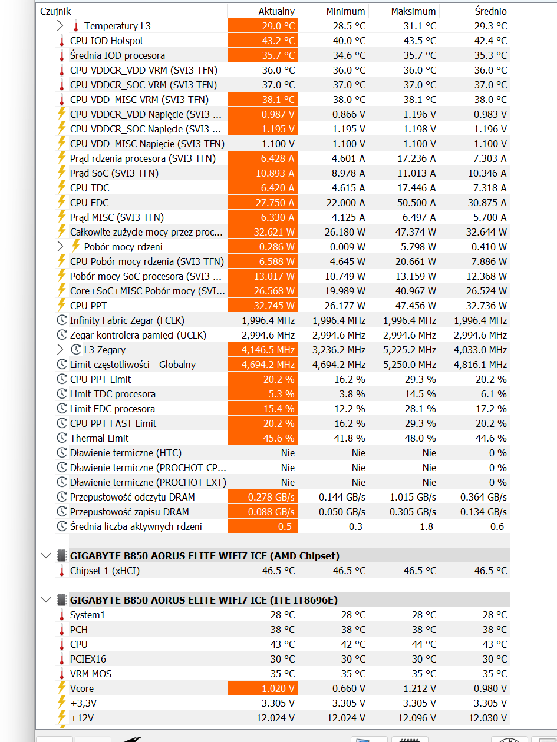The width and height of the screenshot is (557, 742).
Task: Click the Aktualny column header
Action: click(x=276, y=11)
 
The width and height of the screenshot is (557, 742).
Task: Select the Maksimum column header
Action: click(x=413, y=11)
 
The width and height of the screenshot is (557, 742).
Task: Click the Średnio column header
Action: click(x=490, y=11)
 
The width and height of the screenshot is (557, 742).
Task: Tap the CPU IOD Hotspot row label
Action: click(x=107, y=41)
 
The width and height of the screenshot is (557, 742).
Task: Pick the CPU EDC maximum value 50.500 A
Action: click(x=416, y=203)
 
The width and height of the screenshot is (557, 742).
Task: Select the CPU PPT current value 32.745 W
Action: click(x=274, y=306)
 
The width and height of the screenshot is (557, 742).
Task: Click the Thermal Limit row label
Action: click(x=99, y=438)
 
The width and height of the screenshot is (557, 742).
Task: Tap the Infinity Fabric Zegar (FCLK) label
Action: click(x=127, y=320)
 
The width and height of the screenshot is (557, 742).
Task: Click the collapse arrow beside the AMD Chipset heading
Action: click(x=46, y=555)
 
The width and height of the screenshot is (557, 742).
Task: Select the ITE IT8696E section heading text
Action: click(x=204, y=600)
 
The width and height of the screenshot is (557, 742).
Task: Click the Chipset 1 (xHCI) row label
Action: click(x=105, y=571)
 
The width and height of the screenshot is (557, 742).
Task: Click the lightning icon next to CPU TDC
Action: click(x=61, y=188)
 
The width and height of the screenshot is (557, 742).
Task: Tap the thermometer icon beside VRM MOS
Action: click(x=61, y=674)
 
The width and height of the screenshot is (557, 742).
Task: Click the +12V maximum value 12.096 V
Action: click(x=416, y=718)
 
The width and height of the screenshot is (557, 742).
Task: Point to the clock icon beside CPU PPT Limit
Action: click(x=61, y=379)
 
